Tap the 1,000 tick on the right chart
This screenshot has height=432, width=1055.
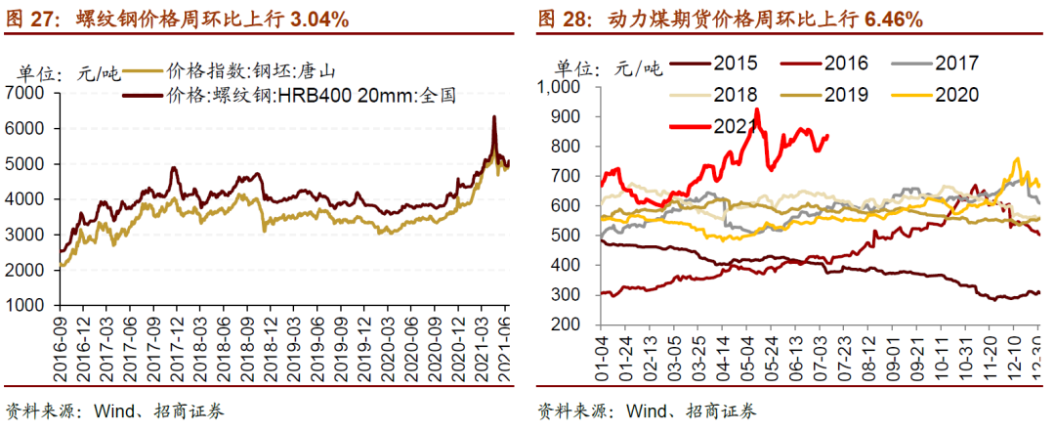coord(561,87)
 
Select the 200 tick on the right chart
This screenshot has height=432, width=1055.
coord(568,324)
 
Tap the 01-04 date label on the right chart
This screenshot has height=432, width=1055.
coord(603,356)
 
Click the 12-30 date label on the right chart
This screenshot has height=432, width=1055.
coord(1036,356)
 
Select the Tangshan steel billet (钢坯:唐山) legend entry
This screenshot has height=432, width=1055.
coord(256,70)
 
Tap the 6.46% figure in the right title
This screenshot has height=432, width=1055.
coord(892,19)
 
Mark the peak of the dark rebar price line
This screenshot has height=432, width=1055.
coord(494,116)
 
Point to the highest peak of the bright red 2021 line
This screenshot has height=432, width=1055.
coord(758,109)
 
